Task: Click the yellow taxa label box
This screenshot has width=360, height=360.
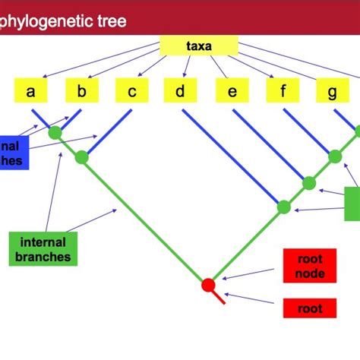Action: click(x=199, y=46)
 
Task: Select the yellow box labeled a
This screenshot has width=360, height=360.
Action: click(x=31, y=92)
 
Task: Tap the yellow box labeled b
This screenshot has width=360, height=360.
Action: click(x=82, y=92)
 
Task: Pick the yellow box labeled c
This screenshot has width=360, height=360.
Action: click(x=131, y=92)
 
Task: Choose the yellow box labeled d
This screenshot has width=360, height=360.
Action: click(x=180, y=92)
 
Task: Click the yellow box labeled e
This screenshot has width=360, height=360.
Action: click(x=232, y=92)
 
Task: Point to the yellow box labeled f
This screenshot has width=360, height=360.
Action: click(x=283, y=92)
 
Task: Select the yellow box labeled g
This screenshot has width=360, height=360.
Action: click(x=333, y=92)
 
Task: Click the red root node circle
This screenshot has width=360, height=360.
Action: click(x=208, y=285)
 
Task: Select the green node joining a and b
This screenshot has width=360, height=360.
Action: click(x=55, y=133)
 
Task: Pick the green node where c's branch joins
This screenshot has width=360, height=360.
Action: click(x=82, y=158)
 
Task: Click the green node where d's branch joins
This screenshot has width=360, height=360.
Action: click(x=283, y=207)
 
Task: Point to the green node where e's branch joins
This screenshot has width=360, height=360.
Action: click(x=308, y=183)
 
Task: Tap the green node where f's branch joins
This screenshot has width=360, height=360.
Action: click(x=335, y=156)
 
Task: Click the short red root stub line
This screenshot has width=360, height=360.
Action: click(x=218, y=296)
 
